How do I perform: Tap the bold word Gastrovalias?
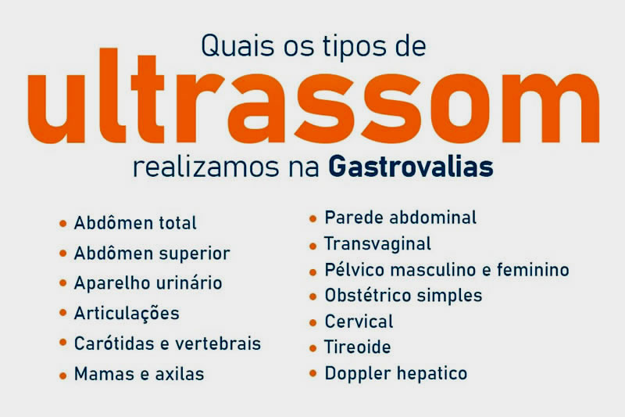pos(411,167)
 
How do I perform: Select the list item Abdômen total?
pos(135,224)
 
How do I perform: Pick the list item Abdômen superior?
pos(152,253)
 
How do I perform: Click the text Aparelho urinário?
pos(148,283)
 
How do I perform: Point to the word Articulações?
pos(127,314)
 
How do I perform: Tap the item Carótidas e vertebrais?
pos(167,343)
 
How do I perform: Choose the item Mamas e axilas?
pos(139,374)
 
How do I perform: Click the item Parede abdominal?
pos(400,217)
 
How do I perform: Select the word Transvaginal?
pos(377,244)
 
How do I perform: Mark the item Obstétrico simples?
pos(403,296)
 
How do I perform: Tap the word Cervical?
pos(359,322)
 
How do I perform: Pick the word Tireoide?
pos(358,347)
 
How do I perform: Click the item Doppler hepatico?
pos(395,373)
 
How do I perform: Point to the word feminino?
pos(535,270)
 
